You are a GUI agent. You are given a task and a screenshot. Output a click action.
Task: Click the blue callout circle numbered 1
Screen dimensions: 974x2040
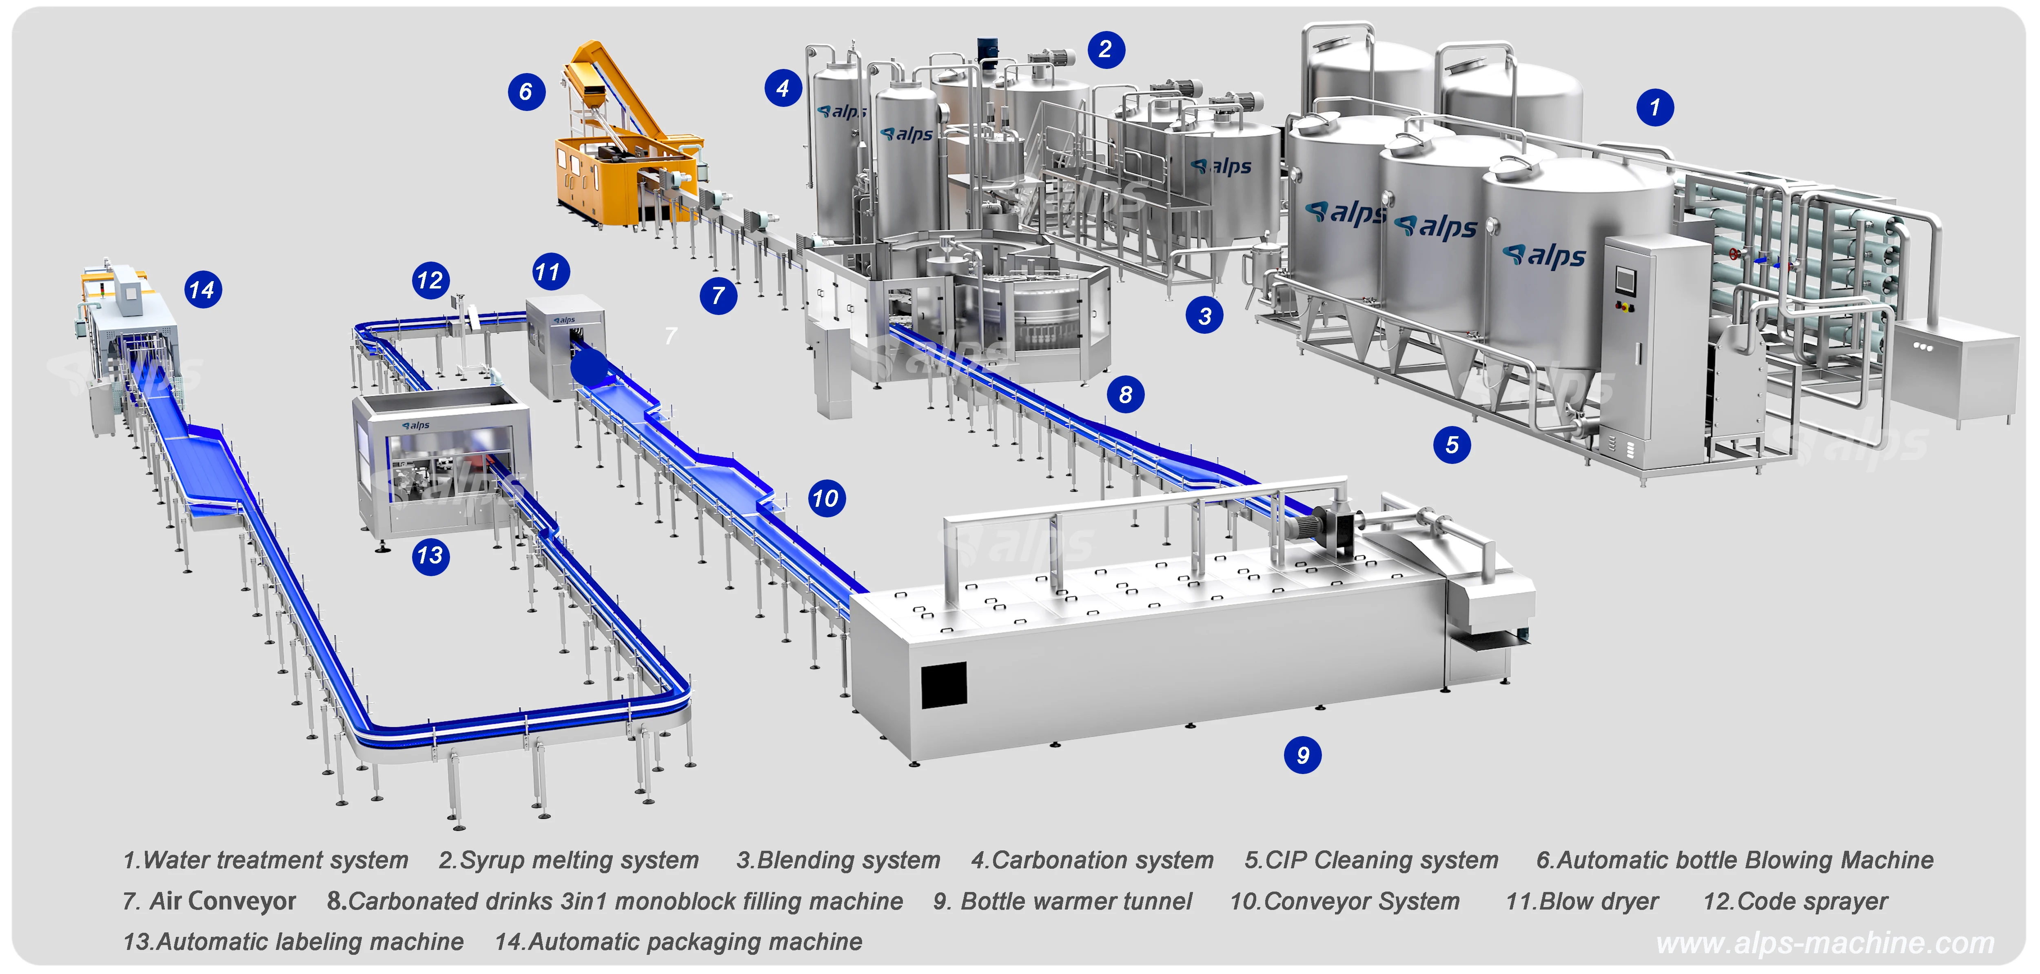1654,107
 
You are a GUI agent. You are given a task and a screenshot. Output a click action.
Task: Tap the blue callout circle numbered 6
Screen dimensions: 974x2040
526,92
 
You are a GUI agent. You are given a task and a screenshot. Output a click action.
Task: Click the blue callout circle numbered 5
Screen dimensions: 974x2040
1452,445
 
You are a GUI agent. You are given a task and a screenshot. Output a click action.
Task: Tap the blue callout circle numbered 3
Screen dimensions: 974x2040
1204,316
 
